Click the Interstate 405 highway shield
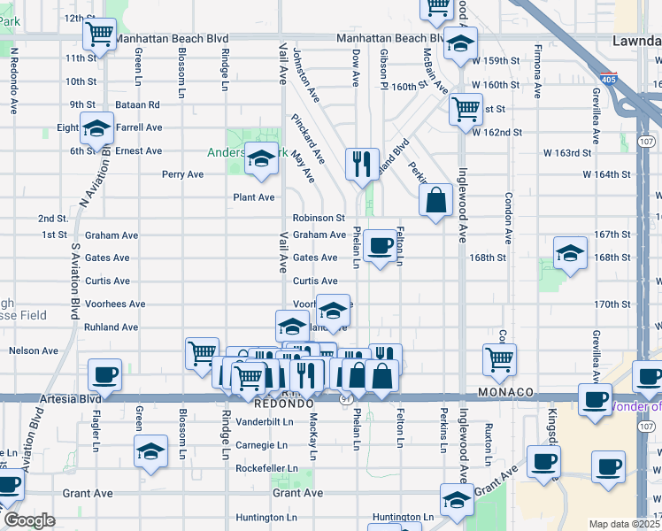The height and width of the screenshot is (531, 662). pyautogui.click(x=608, y=78)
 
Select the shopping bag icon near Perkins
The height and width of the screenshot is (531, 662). pyautogui.click(x=437, y=200)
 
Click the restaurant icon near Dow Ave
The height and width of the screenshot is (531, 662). pyautogui.click(x=362, y=164)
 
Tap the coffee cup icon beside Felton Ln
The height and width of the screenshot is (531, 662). pyautogui.click(x=380, y=246)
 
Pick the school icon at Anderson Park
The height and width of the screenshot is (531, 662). pyautogui.click(x=261, y=159)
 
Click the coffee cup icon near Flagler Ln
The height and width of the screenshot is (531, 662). pyautogui.click(x=105, y=374)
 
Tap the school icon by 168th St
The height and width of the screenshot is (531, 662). pyautogui.click(x=571, y=253)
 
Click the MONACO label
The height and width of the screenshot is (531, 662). pyautogui.click(x=505, y=392)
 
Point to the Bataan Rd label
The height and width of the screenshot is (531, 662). pyautogui.click(x=140, y=104)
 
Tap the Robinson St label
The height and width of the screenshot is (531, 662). pyautogui.click(x=319, y=218)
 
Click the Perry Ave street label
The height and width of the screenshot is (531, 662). pyautogui.click(x=182, y=174)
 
